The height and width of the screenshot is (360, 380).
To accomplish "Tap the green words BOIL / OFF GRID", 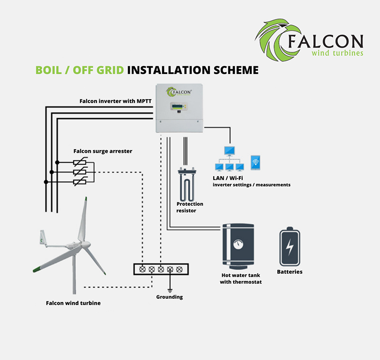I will (80, 70).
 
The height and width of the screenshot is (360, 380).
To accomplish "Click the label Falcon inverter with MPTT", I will (115, 101).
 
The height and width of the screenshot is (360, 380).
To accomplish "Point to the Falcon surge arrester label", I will (103, 151).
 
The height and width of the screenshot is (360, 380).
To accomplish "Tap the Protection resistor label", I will (190, 207).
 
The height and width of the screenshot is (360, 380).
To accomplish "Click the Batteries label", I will (289, 272).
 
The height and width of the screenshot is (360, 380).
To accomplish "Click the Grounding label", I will (169, 297).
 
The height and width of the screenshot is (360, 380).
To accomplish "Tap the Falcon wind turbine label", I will (73, 303).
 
